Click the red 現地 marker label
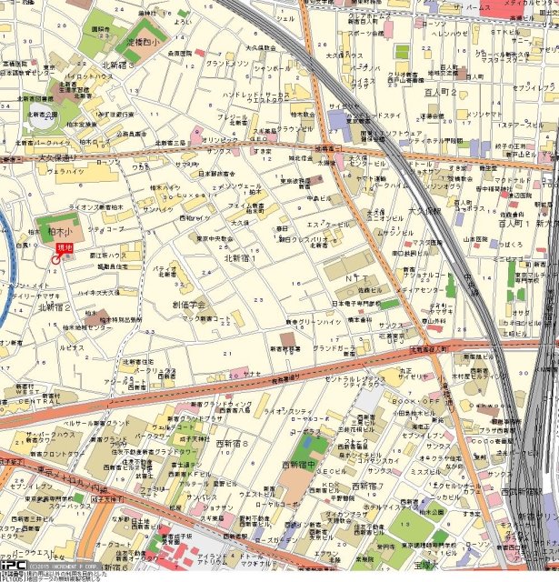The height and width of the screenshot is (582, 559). tap(64, 247)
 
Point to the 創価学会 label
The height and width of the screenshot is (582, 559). tap(188, 305)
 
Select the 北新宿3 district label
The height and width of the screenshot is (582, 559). tap(117, 65)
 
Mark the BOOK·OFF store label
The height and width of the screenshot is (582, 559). tap(416, 400)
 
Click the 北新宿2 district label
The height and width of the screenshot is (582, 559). tap(55, 307)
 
